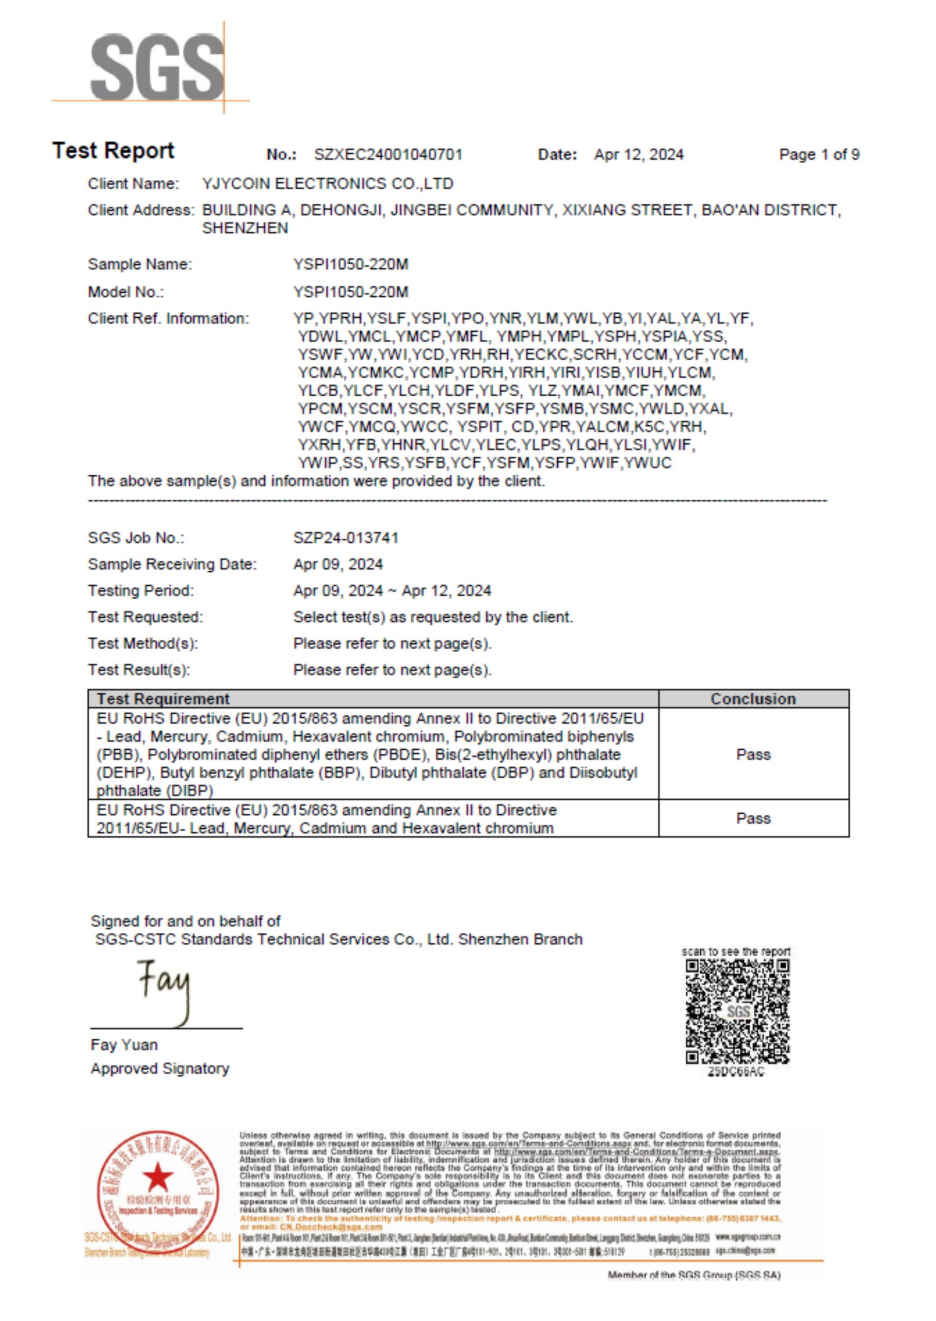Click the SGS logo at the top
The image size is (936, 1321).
tap(157, 68)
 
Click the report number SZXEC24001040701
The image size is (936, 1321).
tap(388, 154)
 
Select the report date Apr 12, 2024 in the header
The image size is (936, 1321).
tap(639, 154)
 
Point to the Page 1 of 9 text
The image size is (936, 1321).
tap(819, 154)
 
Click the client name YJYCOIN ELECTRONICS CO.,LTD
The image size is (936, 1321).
tap(327, 184)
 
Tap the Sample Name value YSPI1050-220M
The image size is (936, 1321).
tap(350, 265)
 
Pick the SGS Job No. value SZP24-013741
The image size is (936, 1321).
tap(346, 538)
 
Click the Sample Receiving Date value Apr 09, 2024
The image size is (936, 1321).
tap(338, 564)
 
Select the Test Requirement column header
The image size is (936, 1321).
tap(163, 699)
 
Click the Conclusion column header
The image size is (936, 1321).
tap(753, 699)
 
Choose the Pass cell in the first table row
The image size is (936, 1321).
tap(753, 754)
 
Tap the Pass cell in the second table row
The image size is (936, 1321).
tap(753, 818)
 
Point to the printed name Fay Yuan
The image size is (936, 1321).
tap(124, 1045)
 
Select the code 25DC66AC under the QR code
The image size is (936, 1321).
tap(736, 1071)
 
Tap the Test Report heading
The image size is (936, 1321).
tap(114, 151)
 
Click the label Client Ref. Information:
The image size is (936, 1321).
tap(168, 319)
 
